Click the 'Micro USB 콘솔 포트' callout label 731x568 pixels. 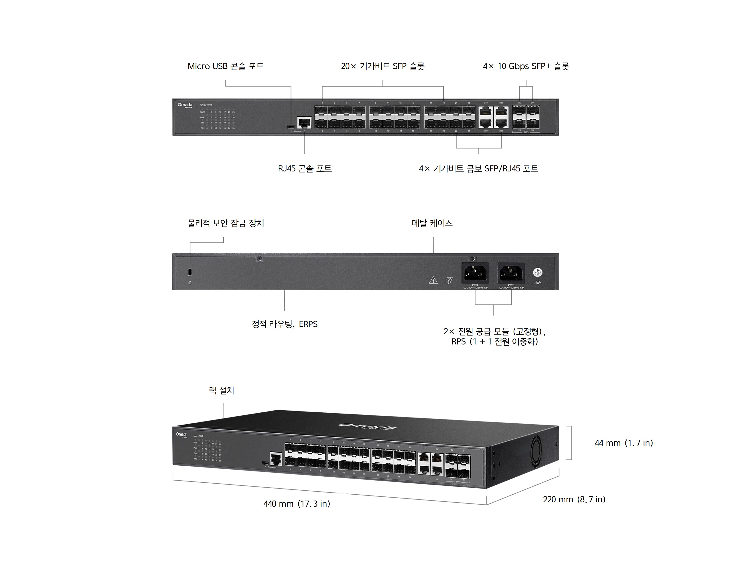226,66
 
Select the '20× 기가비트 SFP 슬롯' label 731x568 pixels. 383,66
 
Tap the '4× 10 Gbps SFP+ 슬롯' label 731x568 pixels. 526,66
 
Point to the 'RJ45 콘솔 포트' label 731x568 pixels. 305,168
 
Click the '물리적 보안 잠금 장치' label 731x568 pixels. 226,223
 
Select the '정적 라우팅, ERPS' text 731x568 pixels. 285,324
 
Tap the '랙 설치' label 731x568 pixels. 221,390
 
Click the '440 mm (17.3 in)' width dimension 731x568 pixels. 297,504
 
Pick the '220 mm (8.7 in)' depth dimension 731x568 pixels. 574,499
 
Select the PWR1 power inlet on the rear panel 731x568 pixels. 511,273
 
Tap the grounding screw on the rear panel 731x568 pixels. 538,272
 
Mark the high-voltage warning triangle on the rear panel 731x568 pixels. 433,280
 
